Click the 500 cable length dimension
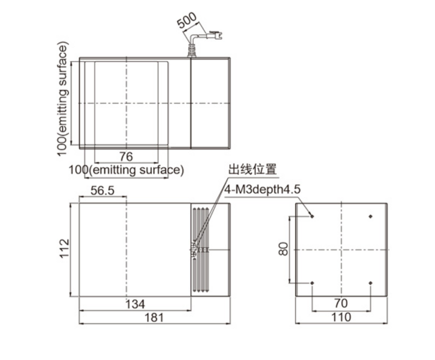(x=187, y=20)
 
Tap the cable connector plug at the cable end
(x=214, y=35)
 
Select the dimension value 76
(x=126, y=157)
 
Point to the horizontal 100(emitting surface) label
(x=126, y=170)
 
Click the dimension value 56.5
(x=102, y=191)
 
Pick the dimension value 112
(x=64, y=248)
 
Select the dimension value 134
(x=135, y=304)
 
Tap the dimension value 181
(x=154, y=318)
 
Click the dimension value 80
(x=284, y=248)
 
